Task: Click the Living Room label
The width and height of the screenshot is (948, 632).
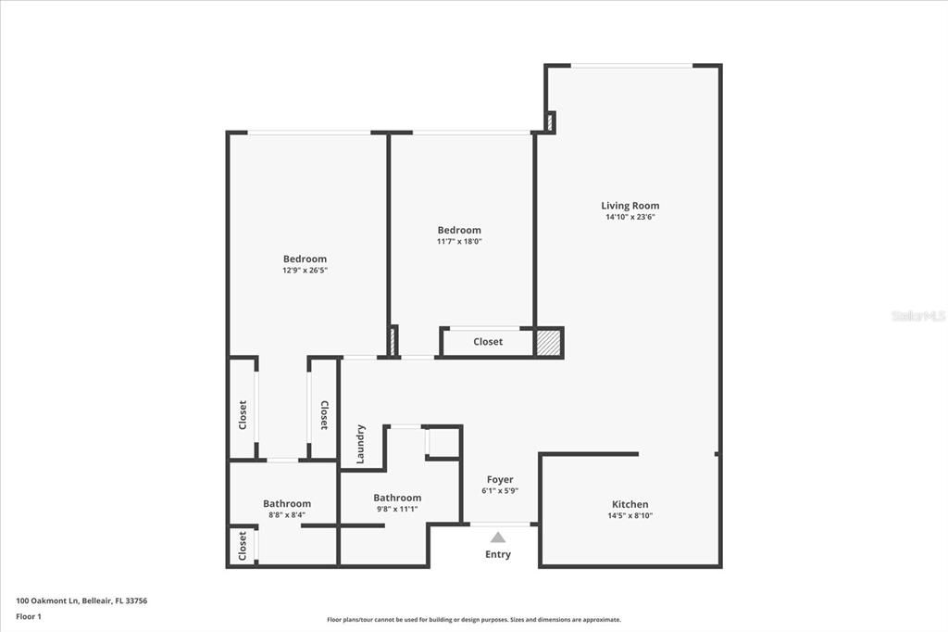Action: point(630,206)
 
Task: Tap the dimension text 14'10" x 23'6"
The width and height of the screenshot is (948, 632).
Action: point(630,217)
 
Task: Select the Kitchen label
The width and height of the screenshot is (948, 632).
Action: point(630,504)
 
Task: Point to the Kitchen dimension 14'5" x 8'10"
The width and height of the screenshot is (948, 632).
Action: point(630,516)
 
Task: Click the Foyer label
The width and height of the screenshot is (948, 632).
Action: point(500,479)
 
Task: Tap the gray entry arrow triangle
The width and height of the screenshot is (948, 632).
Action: point(498,537)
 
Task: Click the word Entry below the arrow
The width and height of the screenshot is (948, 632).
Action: point(498,554)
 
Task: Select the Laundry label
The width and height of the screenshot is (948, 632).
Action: point(360,444)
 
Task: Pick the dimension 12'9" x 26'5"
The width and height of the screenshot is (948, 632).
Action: point(305,271)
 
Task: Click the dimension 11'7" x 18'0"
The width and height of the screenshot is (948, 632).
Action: point(459,241)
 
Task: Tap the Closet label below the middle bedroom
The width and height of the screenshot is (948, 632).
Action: point(488,341)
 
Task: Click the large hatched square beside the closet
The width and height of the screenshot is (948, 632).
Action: point(549,342)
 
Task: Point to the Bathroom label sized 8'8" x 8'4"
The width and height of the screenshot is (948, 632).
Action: point(287,504)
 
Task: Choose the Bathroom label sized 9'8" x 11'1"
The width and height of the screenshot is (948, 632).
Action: point(397,498)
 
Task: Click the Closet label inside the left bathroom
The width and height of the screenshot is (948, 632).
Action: point(243,546)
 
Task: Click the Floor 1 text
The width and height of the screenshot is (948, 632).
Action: point(29,615)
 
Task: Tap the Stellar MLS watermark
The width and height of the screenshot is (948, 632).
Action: point(918,316)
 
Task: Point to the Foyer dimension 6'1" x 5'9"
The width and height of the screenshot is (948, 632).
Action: point(500,491)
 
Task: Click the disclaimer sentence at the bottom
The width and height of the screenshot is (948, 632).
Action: point(473,620)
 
